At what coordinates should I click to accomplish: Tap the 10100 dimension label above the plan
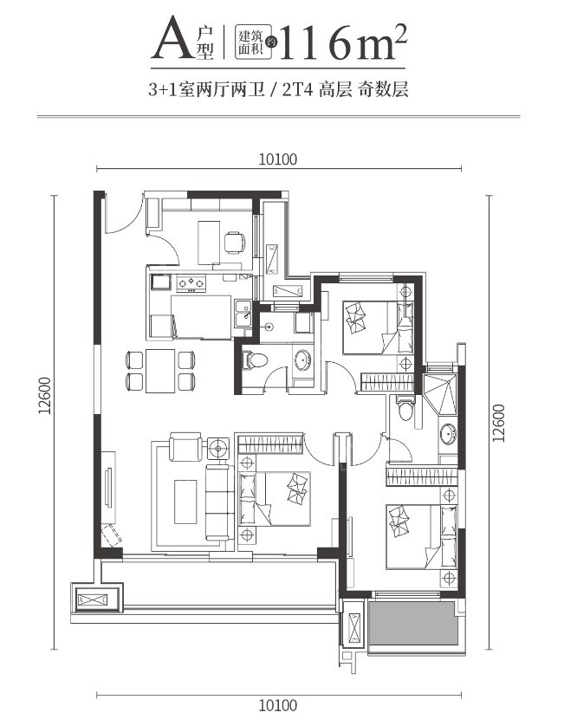(278, 158)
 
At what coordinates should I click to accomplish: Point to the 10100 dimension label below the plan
(278, 703)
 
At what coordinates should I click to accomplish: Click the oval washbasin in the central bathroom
(302, 360)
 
